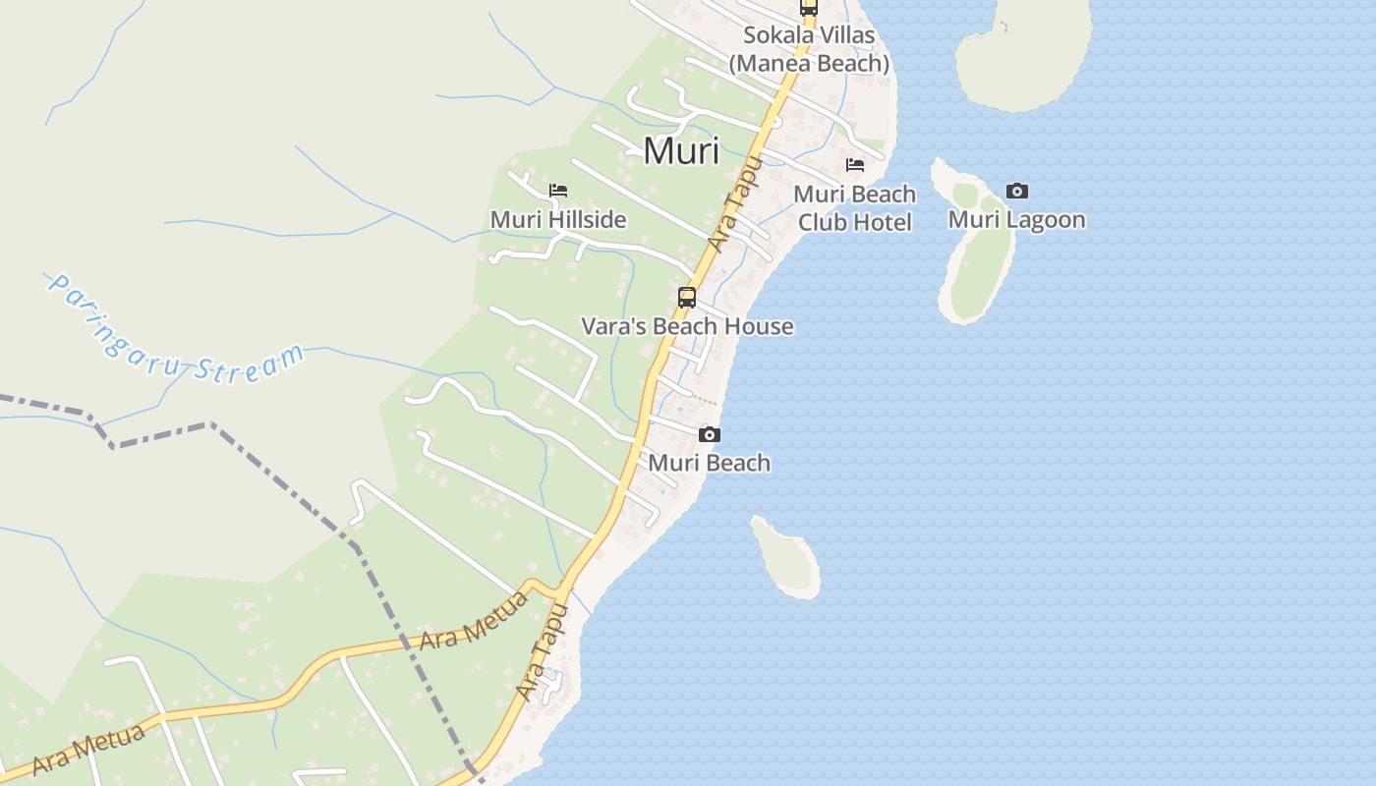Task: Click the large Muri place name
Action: pyautogui.click(x=681, y=151)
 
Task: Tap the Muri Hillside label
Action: pyautogui.click(x=558, y=219)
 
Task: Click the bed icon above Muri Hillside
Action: pyautogui.click(x=558, y=191)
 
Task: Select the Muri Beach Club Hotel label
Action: pyautogui.click(x=854, y=208)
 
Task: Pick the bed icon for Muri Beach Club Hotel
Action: pyautogui.click(x=855, y=165)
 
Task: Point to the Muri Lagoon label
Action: pyautogui.click(x=1016, y=219)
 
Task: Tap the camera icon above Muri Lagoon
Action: pyautogui.click(x=1017, y=192)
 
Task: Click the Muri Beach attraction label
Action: pyautogui.click(x=710, y=463)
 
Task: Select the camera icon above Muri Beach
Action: pyautogui.click(x=710, y=435)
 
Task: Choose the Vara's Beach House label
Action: pyautogui.click(x=687, y=326)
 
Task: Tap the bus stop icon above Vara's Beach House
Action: pyautogui.click(x=687, y=297)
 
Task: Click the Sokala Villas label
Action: pyautogui.click(x=809, y=35)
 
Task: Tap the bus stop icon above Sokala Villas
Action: pyautogui.click(x=809, y=7)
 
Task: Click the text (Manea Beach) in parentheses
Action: pyautogui.click(x=809, y=63)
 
